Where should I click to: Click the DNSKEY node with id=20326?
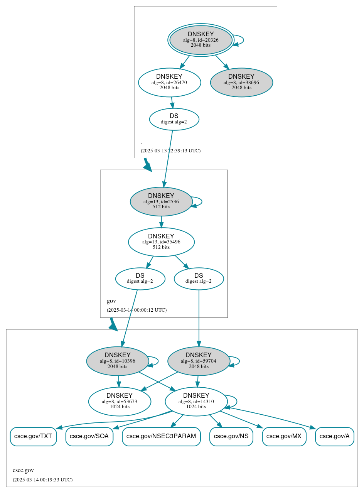point(201,40)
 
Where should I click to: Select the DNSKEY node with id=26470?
point(169,82)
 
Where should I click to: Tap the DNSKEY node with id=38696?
point(241,82)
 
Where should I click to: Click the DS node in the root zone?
point(174,119)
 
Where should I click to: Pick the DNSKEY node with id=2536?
point(161,201)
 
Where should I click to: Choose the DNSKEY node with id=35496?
point(161,242)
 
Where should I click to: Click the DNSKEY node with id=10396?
point(118,361)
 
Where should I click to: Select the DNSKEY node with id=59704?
point(199,361)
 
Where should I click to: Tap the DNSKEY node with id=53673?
point(120,402)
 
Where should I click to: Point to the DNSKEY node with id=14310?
point(196,402)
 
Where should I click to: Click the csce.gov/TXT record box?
point(33,436)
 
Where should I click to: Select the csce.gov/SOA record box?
point(89,436)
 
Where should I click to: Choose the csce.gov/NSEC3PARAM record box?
point(161,436)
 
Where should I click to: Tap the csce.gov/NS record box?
point(231,436)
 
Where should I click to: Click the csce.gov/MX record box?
point(284,436)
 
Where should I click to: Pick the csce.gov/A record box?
point(335,436)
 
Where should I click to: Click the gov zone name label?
point(111,301)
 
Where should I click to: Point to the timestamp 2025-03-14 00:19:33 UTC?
point(42,479)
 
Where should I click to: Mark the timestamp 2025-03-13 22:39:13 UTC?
point(170,150)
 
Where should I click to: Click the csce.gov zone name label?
point(23,470)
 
